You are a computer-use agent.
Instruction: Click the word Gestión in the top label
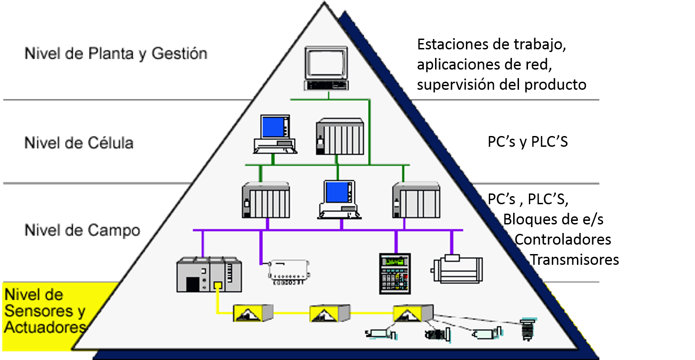click(179, 53)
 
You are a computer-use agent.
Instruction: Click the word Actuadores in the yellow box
click(45, 327)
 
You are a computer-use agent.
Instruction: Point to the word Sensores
click(38, 311)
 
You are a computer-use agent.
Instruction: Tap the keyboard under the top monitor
click(326, 85)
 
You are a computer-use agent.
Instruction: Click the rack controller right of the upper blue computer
click(340, 136)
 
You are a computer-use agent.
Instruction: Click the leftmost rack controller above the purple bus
click(266, 200)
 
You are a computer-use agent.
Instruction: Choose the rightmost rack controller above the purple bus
click(416, 200)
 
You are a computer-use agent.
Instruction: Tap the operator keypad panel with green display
click(395, 273)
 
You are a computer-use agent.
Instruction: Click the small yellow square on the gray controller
click(218, 285)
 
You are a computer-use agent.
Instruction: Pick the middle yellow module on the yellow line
click(330, 313)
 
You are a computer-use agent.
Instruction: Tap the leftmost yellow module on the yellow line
click(253, 312)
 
